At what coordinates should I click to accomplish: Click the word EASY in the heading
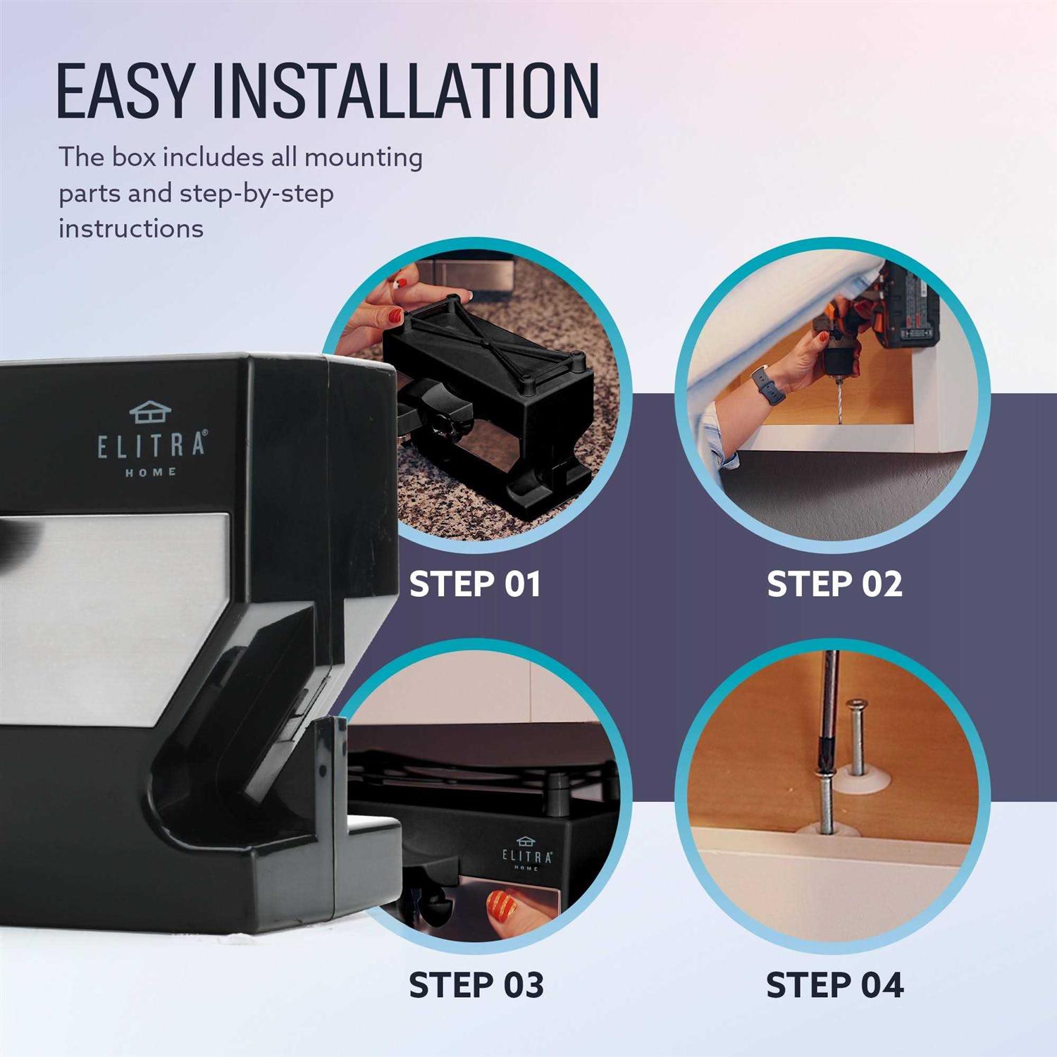click(x=124, y=91)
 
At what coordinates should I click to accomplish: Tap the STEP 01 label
click(x=475, y=584)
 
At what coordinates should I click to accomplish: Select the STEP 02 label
click(x=834, y=584)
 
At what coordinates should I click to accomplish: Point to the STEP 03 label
click(x=476, y=984)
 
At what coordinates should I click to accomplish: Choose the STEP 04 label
click(x=834, y=984)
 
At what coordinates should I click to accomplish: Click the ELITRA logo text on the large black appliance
click(x=152, y=445)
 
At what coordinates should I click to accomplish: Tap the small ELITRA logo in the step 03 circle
click(x=526, y=855)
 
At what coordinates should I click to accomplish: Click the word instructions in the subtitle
click(x=131, y=228)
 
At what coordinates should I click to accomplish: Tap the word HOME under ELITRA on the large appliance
click(x=151, y=472)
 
